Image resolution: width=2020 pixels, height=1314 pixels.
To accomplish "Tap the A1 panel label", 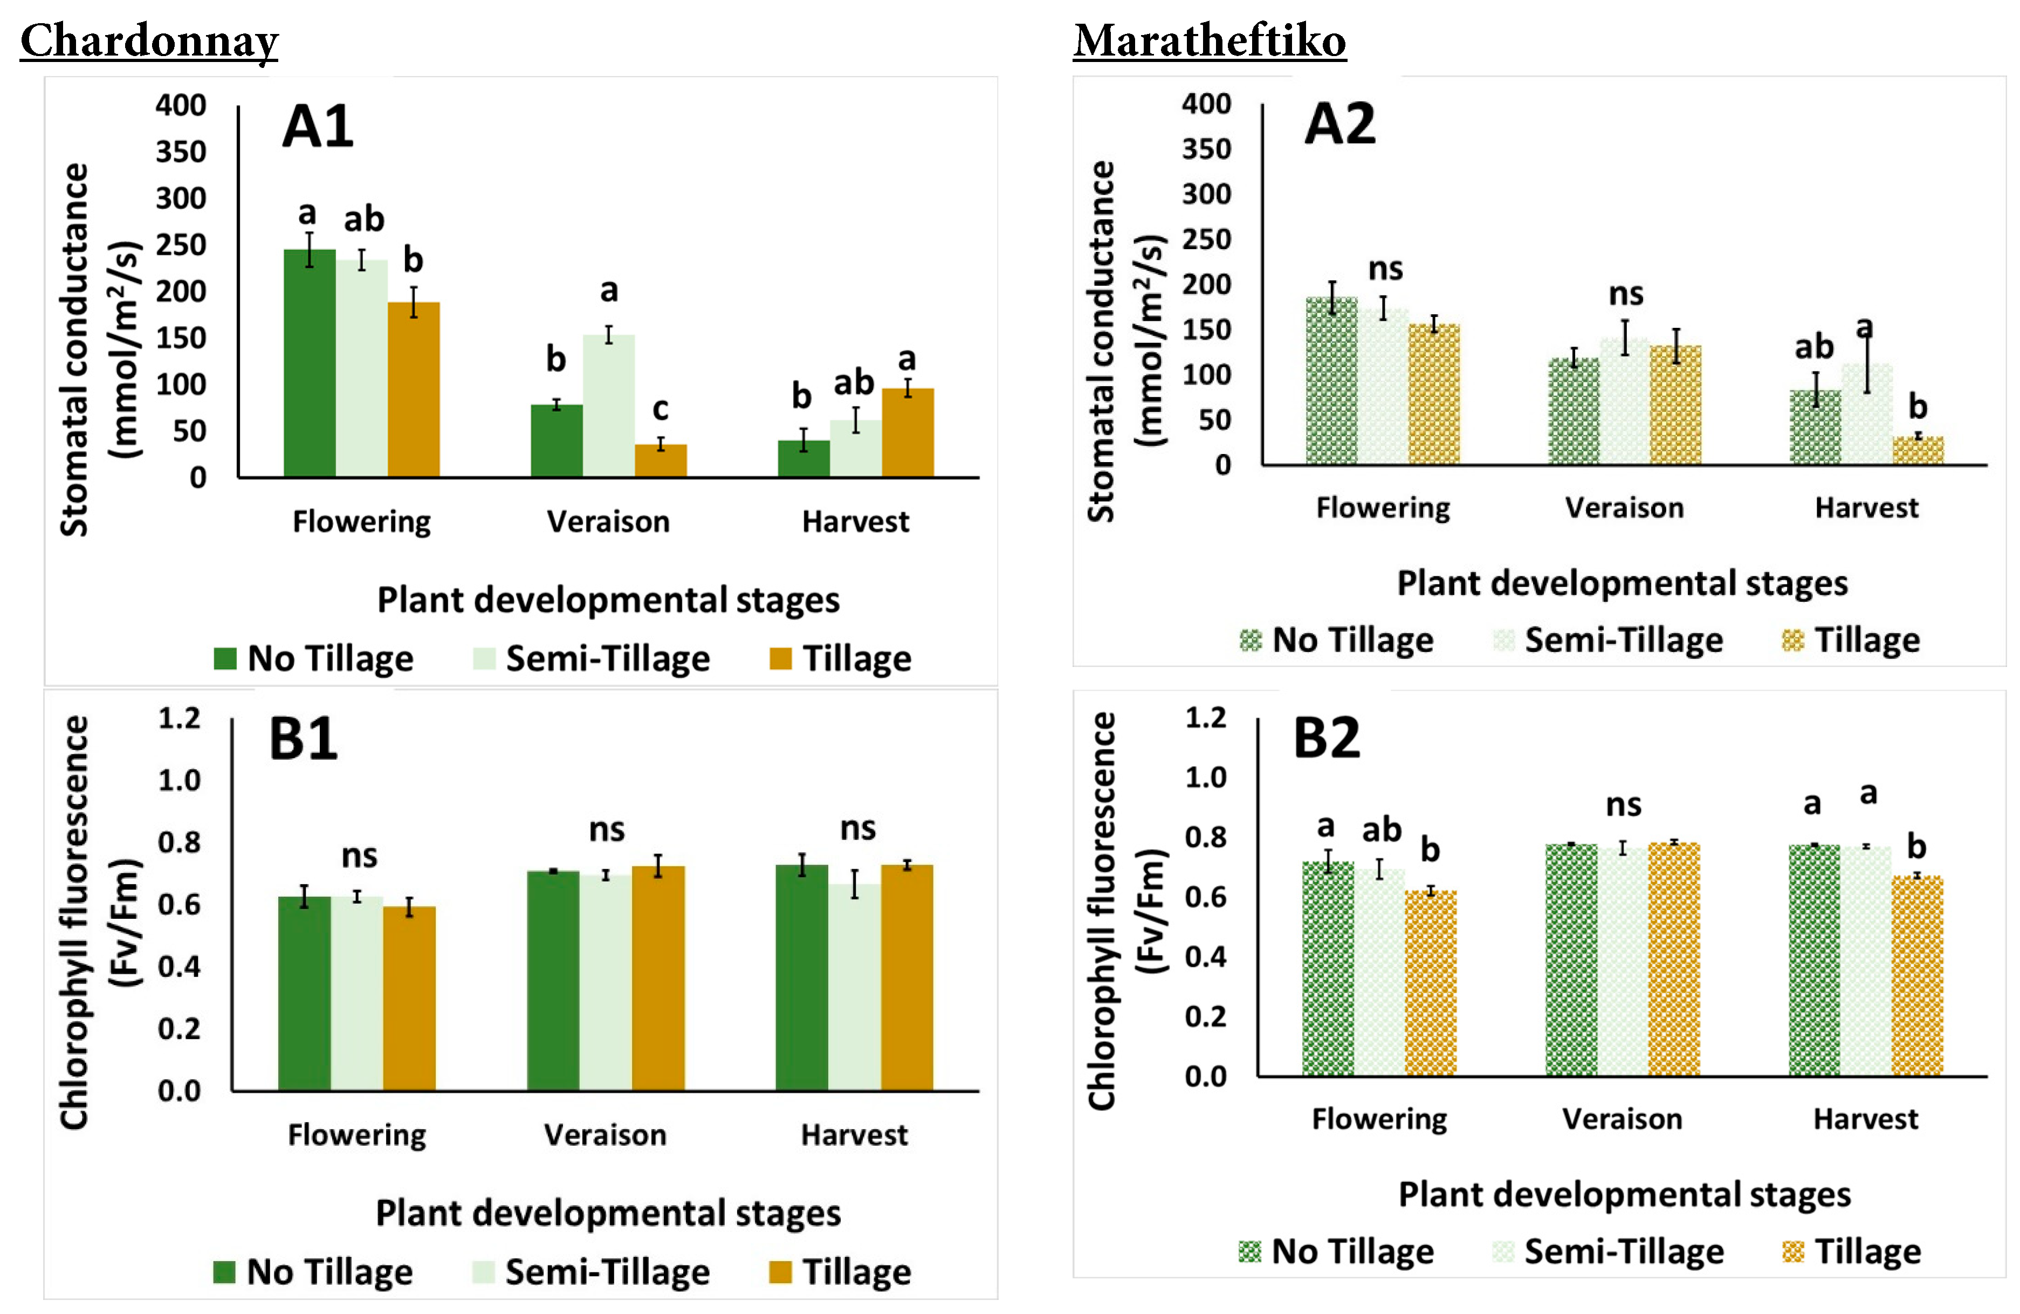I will pyautogui.click(x=318, y=127).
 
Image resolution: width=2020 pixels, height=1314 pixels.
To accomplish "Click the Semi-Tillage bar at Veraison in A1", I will pyautogui.click(x=609, y=406).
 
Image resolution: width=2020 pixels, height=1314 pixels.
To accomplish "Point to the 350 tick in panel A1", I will pyautogui.click(x=181, y=152).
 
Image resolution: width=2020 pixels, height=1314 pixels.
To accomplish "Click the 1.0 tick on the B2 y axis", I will pyautogui.click(x=1205, y=778).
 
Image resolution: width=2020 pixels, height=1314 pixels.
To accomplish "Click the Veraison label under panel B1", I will pyautogui.click(x=605, y=1135).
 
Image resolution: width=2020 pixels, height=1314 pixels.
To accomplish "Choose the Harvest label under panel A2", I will pyautogui.click(x=1866, y=507).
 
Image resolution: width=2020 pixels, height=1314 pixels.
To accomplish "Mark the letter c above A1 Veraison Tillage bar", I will pyautogui.click(x=661, y=409).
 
